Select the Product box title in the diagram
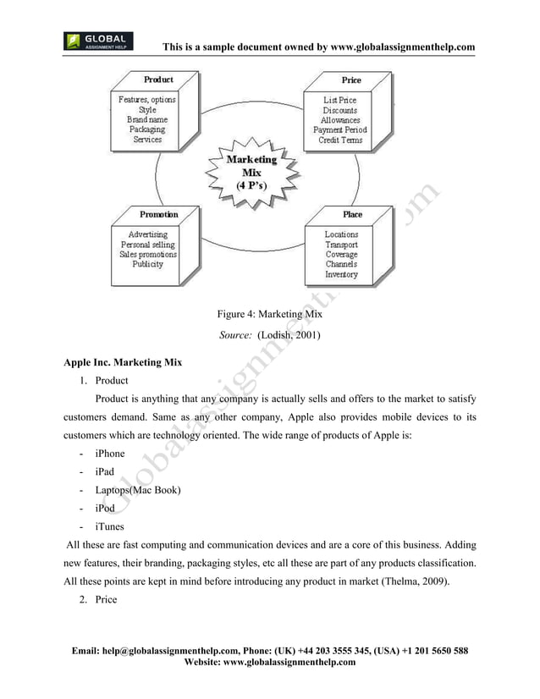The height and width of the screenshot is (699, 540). (158, 80)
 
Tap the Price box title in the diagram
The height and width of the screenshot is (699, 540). (350, 80)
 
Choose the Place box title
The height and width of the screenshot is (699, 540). (352, 215)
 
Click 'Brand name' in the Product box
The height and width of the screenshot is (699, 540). (147, 120)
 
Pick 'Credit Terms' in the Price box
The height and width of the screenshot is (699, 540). (340, 140)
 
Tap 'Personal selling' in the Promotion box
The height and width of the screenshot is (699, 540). (147, 245)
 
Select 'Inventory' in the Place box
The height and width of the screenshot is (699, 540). (341, 274)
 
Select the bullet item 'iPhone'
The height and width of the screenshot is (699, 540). (109, 454)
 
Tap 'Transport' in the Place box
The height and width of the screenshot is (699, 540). (341, 245)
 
